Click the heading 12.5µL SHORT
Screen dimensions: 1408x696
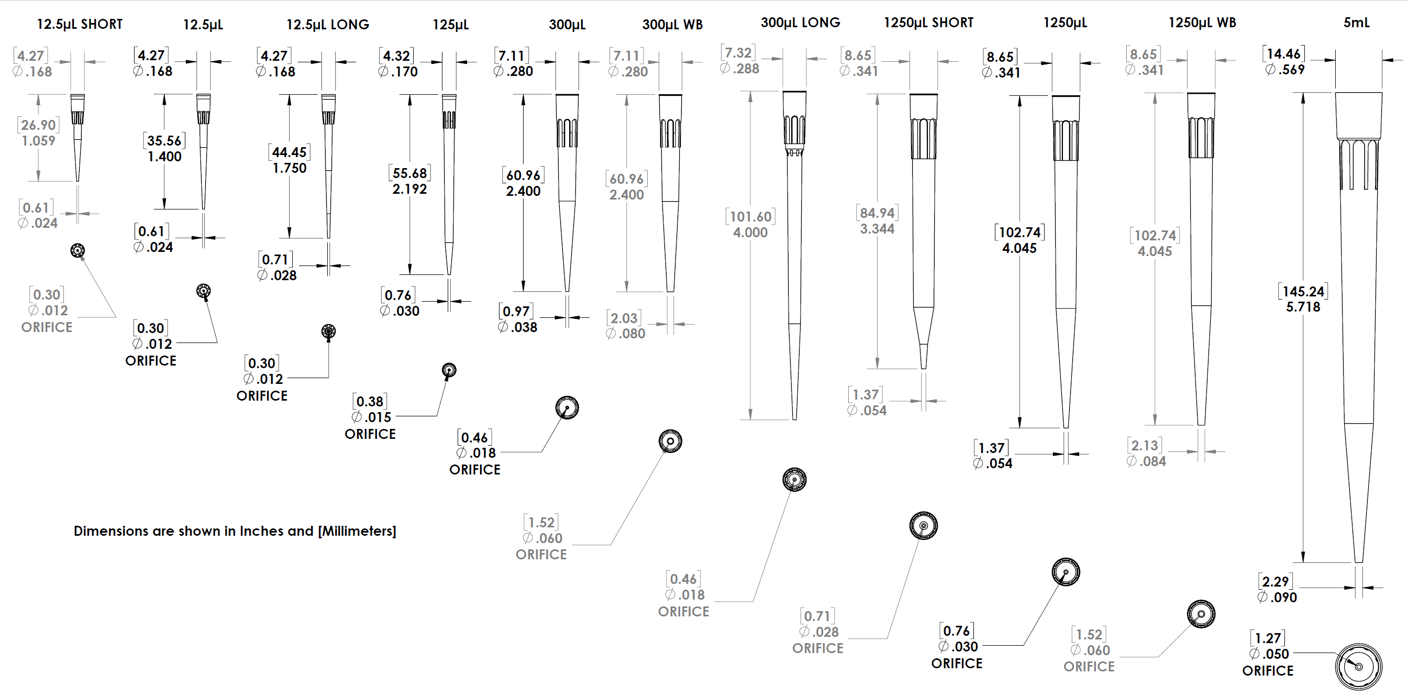tap(80, 24)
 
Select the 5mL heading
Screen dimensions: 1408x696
tap(1357, 23)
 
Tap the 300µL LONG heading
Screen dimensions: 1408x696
tap(800, 23)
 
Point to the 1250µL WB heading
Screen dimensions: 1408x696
tap(1202, 23)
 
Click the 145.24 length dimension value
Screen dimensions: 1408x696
tap(1303, 291)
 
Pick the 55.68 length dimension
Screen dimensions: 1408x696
tap(409, 173)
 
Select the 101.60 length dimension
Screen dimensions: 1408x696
tap(750, 216)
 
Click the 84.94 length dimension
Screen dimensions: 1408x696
tap(877, 213)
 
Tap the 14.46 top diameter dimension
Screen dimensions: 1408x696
tap(1283, 53)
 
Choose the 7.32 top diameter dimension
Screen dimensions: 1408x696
tap(738, 52)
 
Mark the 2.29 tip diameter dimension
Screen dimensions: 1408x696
tap(1275, 581)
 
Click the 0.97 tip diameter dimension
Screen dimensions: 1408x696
tap(516, 311)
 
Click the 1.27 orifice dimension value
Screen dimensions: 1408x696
tap(1268, 638)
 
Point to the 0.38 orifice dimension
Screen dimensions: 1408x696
tap(370, 401)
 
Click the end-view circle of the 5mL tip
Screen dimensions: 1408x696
tap(1358, 667)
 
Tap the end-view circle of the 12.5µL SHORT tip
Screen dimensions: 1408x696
tap(77, 250)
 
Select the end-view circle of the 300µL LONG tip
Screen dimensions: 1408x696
tap(794, 480)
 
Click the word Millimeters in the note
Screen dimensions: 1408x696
tap(357, 531)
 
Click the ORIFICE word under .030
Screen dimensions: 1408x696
tap(957, 663)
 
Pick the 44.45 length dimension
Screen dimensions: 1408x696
tap(289, 152)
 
